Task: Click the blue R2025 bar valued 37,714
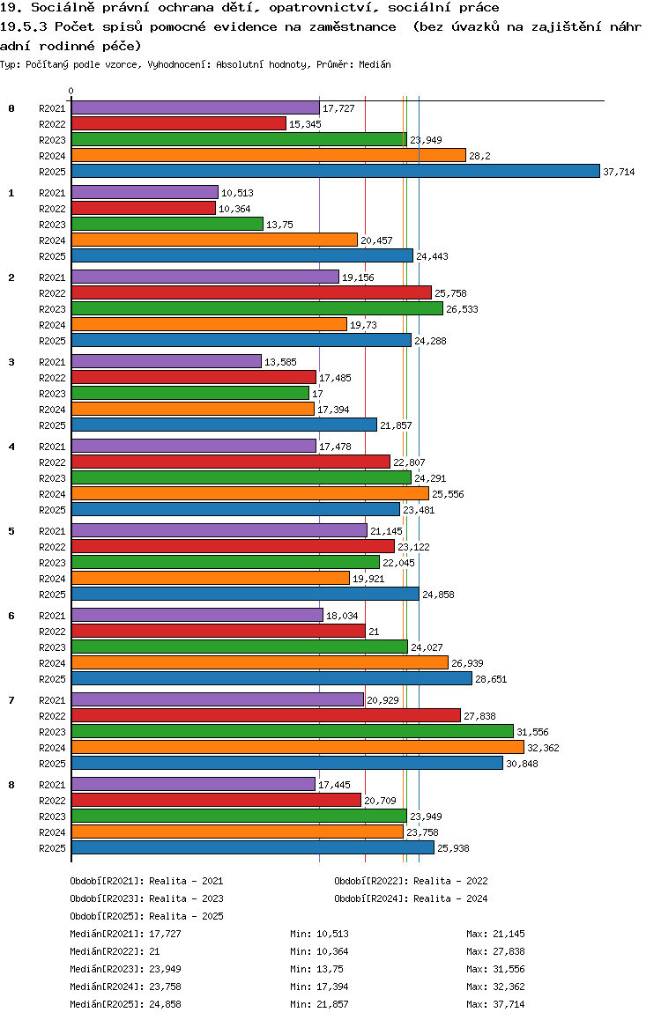(x=335, y=171)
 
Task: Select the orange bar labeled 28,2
(x=268, y=155)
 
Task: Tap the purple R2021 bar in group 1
(x=145, y=192)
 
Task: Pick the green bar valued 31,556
(x=292, y=731)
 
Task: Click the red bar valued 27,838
(x=265, y=715)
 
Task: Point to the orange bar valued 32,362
(x=297, y=747)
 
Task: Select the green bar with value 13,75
(x=167, y=224)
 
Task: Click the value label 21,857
(x=396, y=425)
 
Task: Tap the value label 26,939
(x=467, y=663)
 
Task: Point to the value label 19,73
(x=365, y=325)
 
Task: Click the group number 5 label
(x=11, y=531)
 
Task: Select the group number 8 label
(x=11, y=785)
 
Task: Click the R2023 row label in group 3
(x=53, y=394)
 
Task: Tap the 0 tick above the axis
(x=71, y=91)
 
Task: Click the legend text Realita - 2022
(x=450, y=881)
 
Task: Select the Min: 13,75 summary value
(x=314, y=969)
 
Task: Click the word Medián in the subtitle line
(x=376, y=65)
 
